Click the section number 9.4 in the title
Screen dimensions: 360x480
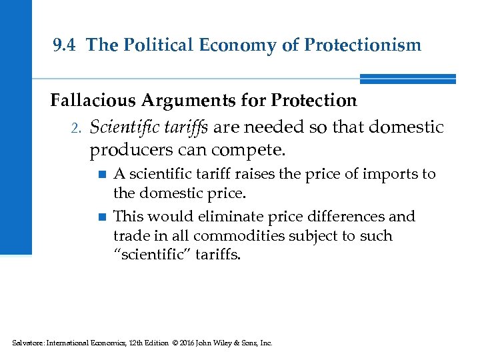[x=66, y=45]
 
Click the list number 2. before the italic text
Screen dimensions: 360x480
[x=75, y=126]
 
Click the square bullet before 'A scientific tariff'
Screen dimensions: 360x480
[x=101, y=175]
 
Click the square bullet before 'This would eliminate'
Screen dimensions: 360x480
[x=101, y=217]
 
